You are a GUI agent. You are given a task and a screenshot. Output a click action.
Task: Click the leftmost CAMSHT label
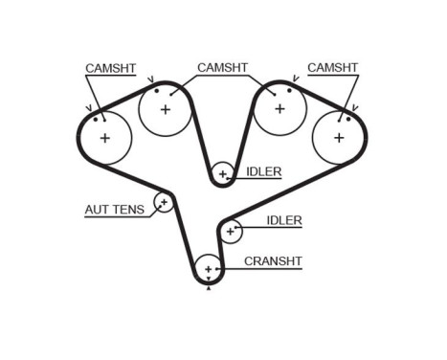[x=110, y=69]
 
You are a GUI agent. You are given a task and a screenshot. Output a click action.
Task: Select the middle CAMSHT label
[x=222, y=68]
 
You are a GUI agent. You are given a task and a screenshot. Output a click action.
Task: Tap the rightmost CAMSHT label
[x=332, y=68]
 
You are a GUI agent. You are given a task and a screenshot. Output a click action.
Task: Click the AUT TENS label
[x=115, y=209]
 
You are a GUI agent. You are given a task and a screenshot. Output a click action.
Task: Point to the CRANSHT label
[x=273, y=260]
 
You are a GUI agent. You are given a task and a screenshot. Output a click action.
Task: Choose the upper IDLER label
[x=263, y=172]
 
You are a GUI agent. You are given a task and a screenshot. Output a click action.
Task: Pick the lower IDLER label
[x=283, y=220]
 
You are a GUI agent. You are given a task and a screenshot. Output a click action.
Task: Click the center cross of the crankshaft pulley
[x=208, y=270]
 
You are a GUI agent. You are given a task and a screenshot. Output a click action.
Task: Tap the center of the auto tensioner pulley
[x=164, y=202]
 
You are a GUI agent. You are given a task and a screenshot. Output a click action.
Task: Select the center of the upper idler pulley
[x=222, y=174]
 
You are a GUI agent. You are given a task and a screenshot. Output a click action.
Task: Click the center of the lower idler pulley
[x=230, y=231]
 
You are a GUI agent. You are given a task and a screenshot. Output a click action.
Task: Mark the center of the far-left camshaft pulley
[x=103, y=138]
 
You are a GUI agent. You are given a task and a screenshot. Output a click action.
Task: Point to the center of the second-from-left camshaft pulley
[x=166, y=109]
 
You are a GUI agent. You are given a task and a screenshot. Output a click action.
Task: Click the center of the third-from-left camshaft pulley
[x=279, y=108]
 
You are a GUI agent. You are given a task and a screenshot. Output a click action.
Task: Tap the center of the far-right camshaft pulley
[x=339, y=137]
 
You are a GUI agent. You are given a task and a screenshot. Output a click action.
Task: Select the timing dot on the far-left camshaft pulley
[x=96, y=120]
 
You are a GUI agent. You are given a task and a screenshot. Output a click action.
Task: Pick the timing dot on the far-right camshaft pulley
[x=348, y=119]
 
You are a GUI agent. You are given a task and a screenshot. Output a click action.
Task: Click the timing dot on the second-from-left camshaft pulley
[x=156, y=91]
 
